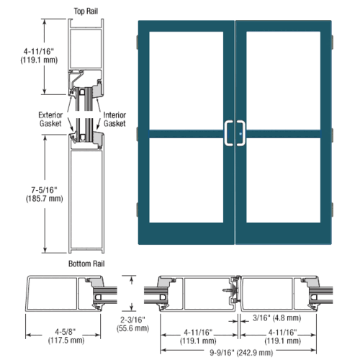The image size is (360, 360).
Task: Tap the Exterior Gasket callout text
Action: click(50, 119)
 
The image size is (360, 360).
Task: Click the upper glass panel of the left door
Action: click(186, 79)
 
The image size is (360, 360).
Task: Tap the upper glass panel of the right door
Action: click(281, 79)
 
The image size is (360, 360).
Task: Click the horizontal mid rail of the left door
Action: click(186, 133)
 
